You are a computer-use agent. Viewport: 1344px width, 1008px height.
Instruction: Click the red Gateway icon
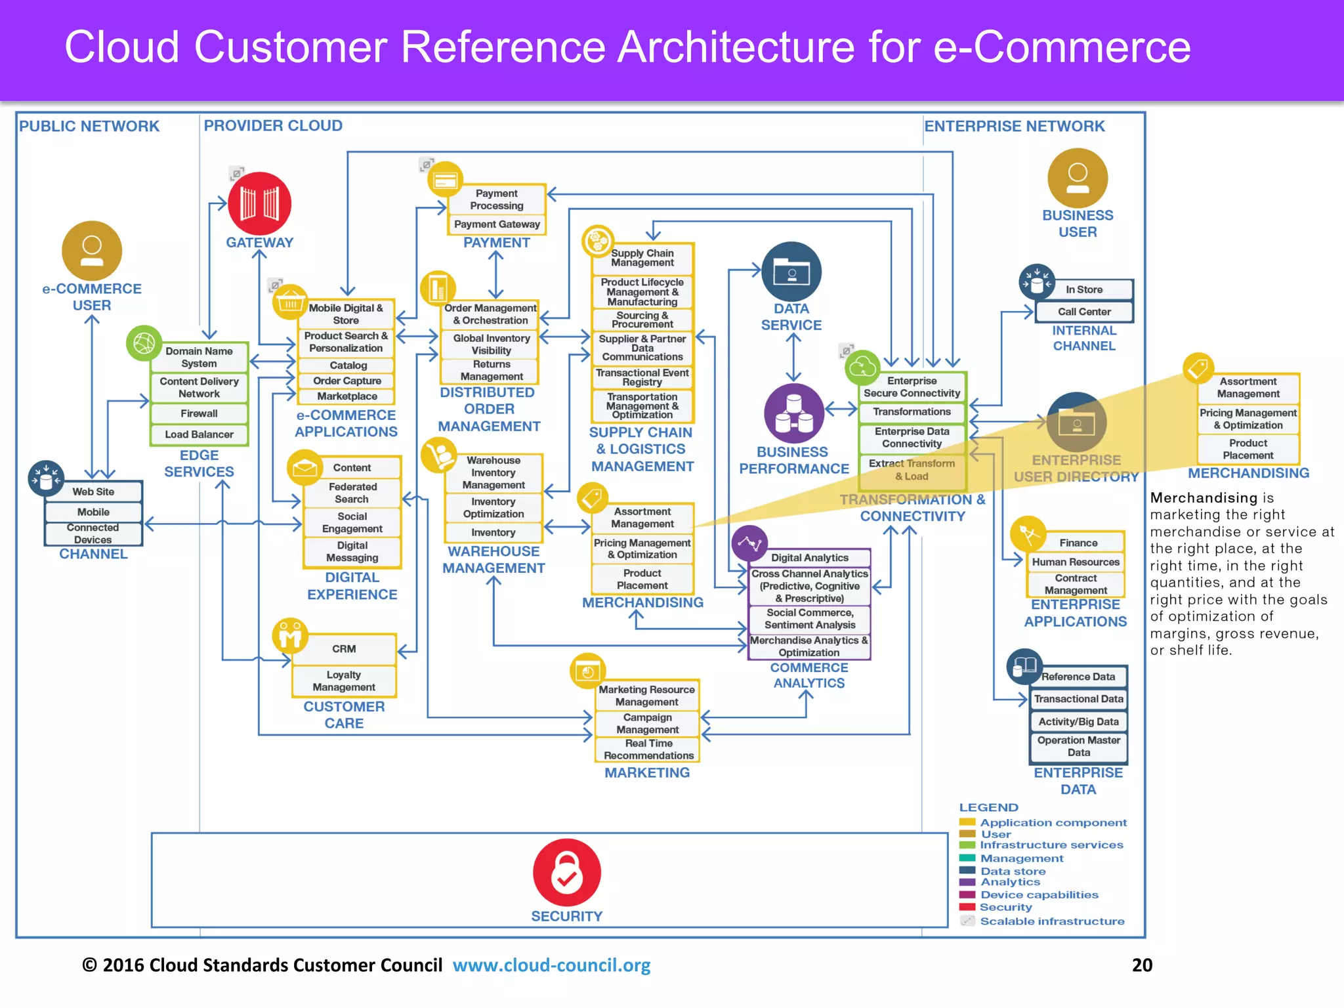coord(259,203)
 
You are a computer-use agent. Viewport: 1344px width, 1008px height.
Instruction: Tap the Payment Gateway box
coord(497,224)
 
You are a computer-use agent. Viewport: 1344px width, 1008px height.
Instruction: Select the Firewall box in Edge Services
coord(199,413)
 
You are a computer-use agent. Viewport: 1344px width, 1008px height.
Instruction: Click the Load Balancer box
coord(199,434)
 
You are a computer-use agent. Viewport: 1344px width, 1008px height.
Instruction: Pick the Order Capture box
coord(346,381)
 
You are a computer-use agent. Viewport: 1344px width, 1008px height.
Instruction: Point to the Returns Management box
coord(491,370)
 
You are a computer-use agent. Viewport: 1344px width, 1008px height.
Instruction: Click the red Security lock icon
coord(566,872)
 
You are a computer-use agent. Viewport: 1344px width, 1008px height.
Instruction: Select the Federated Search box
coord(352,493)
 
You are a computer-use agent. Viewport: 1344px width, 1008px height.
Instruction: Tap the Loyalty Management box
coord(344,681)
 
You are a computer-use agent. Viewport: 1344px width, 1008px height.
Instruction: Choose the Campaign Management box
coord(647,723)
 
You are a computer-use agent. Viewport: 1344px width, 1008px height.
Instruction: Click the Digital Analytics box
coord(809,558)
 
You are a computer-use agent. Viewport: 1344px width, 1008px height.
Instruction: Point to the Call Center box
coord(1084,312)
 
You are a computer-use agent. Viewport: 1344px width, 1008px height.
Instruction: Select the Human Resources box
coord(1076,562)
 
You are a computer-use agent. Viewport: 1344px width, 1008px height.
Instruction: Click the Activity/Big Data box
coord(1078,722)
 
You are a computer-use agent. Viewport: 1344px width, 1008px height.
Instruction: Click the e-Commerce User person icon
coord(92,251)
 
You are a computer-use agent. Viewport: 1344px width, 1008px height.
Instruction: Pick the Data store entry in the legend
coord(1013,871)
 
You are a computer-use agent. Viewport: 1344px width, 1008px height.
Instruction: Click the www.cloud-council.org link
coord(551,965)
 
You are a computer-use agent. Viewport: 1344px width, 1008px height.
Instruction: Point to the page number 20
coord(1142,965)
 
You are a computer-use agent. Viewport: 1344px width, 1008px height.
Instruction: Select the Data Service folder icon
coord(791,272)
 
